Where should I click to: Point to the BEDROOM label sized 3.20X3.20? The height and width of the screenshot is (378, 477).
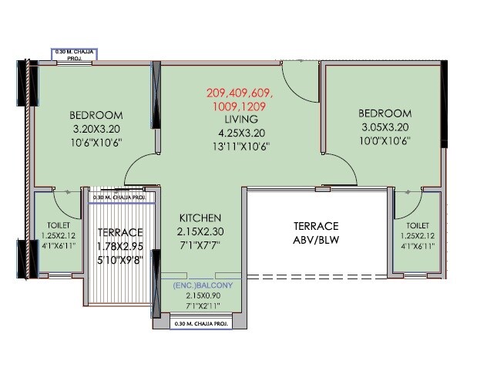[x=97, y=116]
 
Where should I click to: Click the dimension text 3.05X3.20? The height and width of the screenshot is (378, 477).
[x=385, y=127]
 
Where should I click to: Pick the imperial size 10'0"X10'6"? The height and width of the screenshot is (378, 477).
[x=385, y=140]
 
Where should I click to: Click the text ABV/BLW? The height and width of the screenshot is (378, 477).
[x=315, y=239]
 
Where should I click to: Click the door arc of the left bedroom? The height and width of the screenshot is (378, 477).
[x=140, y=168]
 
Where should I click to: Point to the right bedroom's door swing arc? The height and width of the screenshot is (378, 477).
[x=338, y=167]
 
